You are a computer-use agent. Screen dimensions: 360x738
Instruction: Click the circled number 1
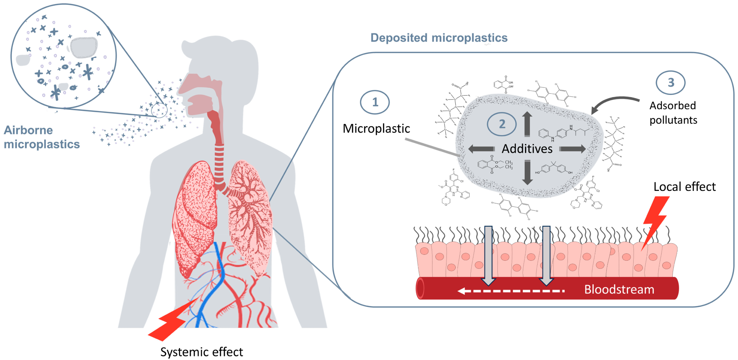coord(375,102)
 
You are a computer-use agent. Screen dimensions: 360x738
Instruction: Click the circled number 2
coord(502,124)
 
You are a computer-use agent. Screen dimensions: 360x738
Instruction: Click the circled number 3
coord(670,83)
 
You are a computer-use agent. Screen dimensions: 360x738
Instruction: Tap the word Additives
coord(527,149)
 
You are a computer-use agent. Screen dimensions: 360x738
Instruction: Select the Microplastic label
coord(376,128)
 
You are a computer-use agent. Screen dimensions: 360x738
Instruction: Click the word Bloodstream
coord(619,289)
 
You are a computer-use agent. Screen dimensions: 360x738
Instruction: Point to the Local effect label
coord(684,187)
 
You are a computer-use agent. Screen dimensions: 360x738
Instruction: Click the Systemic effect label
coord(201,352)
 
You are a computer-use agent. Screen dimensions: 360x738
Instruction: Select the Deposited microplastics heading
coord(439,38)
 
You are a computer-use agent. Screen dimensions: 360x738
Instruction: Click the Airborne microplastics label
coord(41,137)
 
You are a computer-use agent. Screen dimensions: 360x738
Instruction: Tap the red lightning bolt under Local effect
coord(655,222)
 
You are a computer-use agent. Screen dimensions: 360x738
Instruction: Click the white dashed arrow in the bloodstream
coord(511,291)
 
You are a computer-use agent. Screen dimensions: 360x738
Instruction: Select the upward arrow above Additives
coord(527,124)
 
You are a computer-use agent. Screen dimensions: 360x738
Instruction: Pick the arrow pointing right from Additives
coord(572,149)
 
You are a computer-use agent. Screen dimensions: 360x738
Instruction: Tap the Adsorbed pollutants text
coord(673,113)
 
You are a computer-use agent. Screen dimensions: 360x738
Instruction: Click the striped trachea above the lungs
coord(219,162)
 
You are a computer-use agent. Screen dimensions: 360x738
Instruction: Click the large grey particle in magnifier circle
coord(84,47)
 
